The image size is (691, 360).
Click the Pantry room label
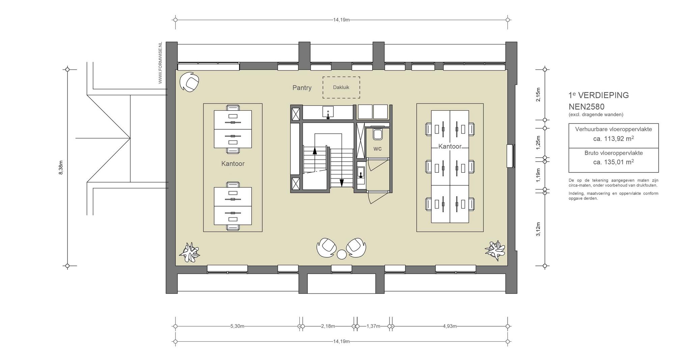click(302, 88)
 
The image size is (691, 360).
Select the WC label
click(377, 148)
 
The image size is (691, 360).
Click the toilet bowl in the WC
click(377, 134)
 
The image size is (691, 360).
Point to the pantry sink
click(328, 111)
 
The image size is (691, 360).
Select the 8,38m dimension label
click(61, 168)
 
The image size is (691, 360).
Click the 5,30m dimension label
click(237, 326)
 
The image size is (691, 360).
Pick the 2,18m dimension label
click(328, 326)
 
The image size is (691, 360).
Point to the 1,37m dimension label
click(373, 326)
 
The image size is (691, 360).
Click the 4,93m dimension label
click(450, 326)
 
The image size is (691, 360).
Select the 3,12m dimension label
click(538, 229)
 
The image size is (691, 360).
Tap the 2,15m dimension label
click(538, 94)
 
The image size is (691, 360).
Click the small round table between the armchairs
click(342, 254)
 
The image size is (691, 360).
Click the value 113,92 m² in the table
click(613, 139)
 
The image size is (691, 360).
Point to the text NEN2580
click(586, 107)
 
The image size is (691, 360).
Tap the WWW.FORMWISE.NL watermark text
click(160, 63)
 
